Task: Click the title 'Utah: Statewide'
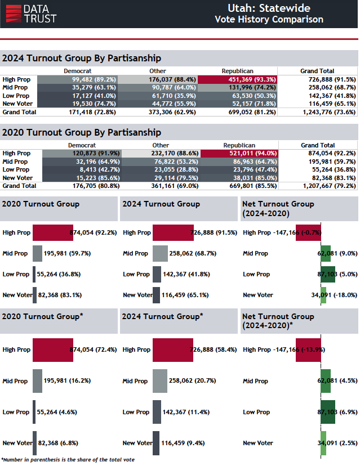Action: point(269,8)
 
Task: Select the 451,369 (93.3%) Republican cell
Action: point(237,79)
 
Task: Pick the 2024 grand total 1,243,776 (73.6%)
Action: point(317,112)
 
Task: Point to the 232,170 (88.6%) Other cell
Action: point(161,153)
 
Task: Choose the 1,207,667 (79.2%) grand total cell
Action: point(318,186)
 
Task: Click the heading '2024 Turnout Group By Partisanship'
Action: point(82,58)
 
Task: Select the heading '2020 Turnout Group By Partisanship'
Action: point(82,132)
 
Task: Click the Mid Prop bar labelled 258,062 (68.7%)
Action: point(160,253)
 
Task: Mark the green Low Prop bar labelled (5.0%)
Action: point(328,274)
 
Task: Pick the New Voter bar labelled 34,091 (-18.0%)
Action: point(323,295)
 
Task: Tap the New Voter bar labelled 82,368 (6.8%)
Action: point(34,443)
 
